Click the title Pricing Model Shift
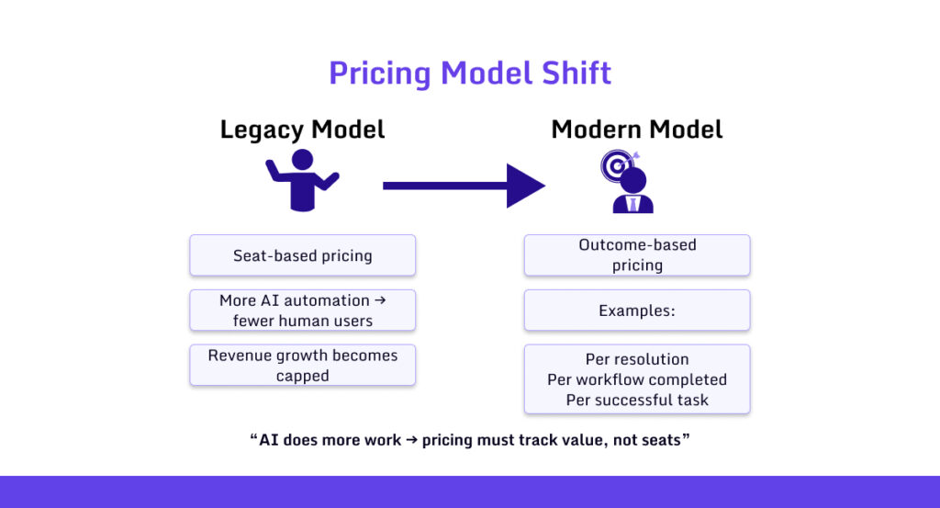click(x=470, y=73)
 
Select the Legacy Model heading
click(x=302, y=130)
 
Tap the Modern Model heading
click(x=636, y=130)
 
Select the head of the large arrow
click(x=525, y=186)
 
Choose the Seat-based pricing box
click(x=302, y=255)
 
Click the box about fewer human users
click(x=302, y=310)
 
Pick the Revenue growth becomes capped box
click(x=302, y=365)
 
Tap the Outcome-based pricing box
click(x=637, y=255)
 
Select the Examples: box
click(x=637, y=310)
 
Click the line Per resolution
click(x=637, y=359)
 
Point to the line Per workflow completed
click(x=637, y=379)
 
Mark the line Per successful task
click(x=637, y=400)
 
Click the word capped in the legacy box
click(x=302, y=376)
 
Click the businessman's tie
click(x=632, y=203)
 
